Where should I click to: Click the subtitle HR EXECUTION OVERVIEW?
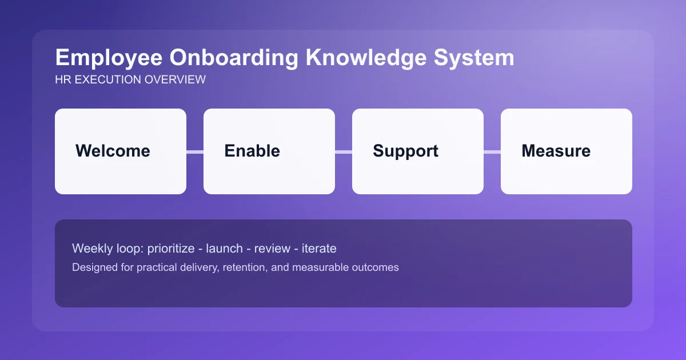[x=130, y=80]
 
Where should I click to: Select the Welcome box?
[x=121, y=151]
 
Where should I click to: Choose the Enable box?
[x=269, y=151]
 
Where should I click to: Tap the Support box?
[x=418, y=151]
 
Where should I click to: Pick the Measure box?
[x=567, y=151]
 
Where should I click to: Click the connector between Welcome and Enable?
[x=195, y=151]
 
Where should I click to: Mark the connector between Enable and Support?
[x=344, y=151]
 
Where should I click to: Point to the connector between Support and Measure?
[x=492, y=151]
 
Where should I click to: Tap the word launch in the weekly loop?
[x=225, y=249]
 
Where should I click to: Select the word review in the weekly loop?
[x=272, y=249]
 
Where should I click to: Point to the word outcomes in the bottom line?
[x=377, y=267]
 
